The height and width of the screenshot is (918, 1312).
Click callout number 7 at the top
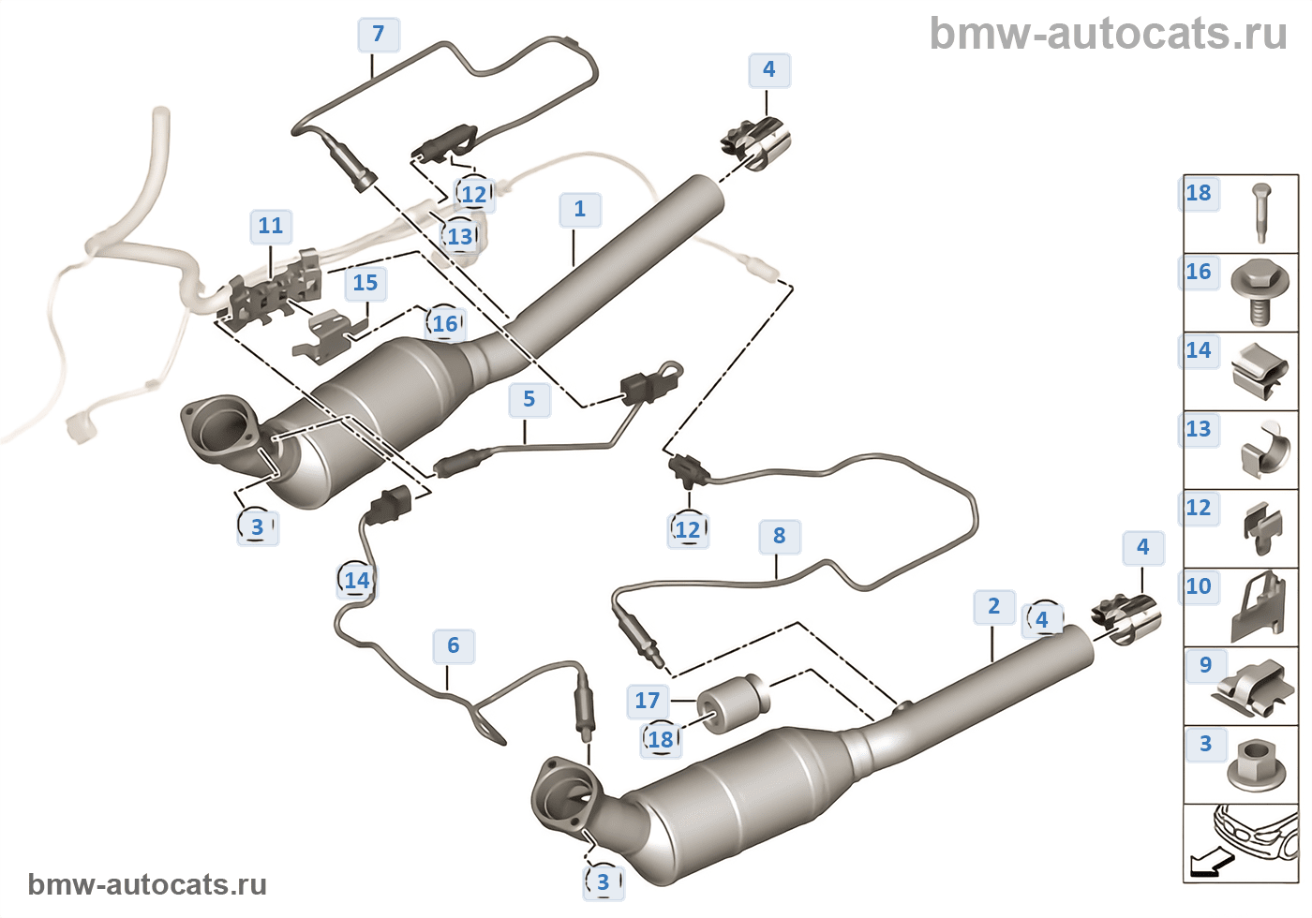click(379, 35)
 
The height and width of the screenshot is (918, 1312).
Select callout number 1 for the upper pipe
click(580, 210)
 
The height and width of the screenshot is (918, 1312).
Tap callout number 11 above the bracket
click(271, 226)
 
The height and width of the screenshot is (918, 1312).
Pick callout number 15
click(365, 283)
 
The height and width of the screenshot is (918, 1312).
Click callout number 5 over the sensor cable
click(529, 400)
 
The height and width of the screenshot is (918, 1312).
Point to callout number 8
click(780, 536)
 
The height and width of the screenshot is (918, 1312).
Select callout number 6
click(454, 646)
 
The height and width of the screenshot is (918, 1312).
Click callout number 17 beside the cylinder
click(648, 702)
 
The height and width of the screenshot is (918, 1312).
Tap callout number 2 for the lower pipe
click(994, 607)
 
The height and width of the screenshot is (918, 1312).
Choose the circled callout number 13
click(460, 237)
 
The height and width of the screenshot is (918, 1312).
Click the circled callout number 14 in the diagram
click(357, 581)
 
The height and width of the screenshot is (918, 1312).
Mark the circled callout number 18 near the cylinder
click(661, 740)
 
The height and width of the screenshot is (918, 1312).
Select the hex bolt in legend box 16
click(1260, 292)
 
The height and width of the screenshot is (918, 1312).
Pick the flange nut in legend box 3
click(1260, 766)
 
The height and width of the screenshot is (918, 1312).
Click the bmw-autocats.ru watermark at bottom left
click(147, 884)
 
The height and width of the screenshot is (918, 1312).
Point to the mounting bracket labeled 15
click(330, 337)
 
